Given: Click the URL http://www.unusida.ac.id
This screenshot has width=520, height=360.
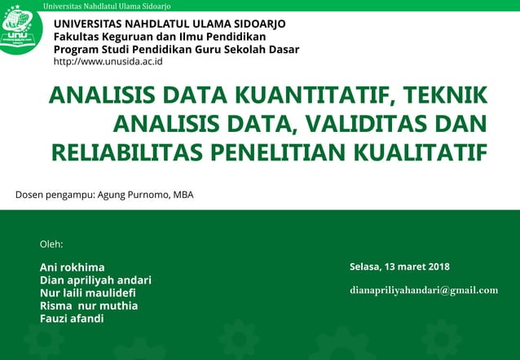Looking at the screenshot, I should [x=108, y=62].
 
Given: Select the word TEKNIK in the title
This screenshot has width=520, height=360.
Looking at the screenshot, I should [x=443, y=96].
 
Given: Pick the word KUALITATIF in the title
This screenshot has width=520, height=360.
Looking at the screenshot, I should [x=416, y=152].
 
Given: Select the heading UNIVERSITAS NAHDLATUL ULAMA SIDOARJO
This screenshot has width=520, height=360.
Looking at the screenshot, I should [x=170, y=23].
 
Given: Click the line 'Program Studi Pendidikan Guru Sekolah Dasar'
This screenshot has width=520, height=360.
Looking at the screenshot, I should [x=176, y=49].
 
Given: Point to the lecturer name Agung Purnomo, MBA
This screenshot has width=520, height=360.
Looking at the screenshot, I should [x=145, y=195].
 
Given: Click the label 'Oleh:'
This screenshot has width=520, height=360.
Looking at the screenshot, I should [x=51, y=244].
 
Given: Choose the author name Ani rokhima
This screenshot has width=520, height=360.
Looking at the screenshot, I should [x=72, y=267].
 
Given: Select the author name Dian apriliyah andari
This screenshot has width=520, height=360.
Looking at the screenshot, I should [x=95, y=280].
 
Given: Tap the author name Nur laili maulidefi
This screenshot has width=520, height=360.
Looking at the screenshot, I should [x=88, y=293].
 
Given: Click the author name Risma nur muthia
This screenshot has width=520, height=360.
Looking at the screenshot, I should [x=89, y=305].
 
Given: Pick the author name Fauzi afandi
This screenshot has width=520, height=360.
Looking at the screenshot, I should [x=72, y=318].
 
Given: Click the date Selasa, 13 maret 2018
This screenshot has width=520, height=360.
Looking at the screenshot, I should [x=399, y=267].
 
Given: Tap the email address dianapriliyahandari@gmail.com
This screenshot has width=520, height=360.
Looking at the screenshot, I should [x=423, y=290].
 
